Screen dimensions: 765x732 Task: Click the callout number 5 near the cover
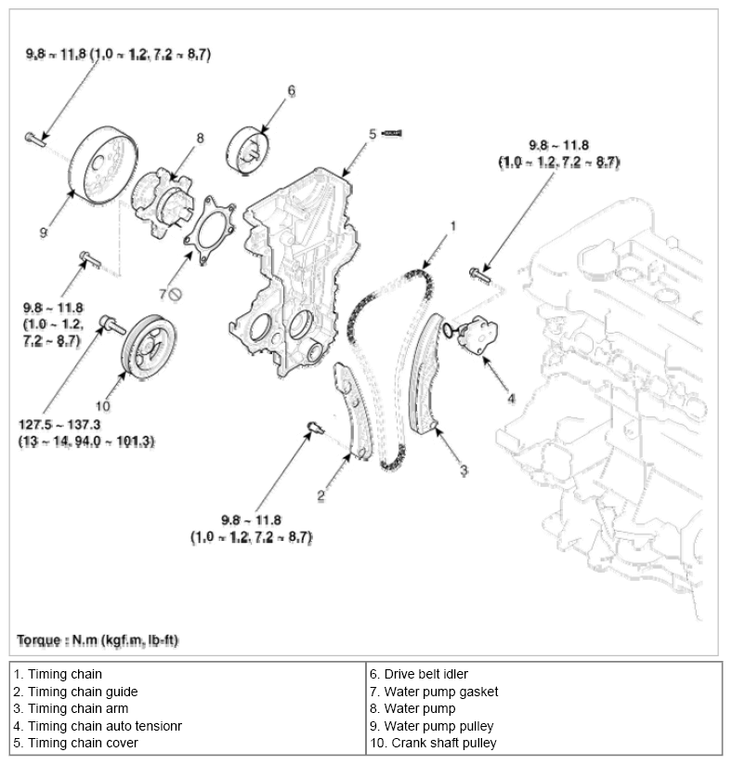[x=372, y=134]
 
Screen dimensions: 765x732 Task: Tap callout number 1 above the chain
[x=452, y=225]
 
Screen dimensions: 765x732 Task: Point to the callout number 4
[x=510, y=399]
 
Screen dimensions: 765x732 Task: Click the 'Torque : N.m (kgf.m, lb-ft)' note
[x=98, y=641]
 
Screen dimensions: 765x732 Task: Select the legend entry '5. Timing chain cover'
[x=75, y=743]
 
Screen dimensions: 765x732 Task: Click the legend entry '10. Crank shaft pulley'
[x=435, y=743]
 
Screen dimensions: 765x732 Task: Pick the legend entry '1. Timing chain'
[x=58, y=674]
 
